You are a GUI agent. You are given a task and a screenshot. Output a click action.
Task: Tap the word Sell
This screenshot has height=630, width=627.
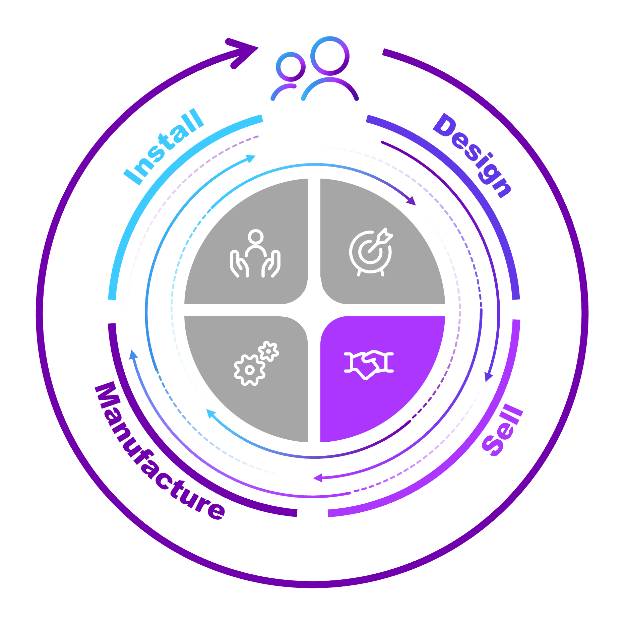(502, 431)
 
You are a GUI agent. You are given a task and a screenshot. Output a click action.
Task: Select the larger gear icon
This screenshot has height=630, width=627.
(249, 370)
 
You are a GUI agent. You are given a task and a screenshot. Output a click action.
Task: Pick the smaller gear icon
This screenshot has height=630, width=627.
(268, 351)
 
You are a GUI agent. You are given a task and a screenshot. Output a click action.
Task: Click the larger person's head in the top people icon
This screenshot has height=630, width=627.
(330, 56)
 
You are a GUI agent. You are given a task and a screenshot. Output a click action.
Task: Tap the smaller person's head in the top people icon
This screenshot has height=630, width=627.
(291, 66)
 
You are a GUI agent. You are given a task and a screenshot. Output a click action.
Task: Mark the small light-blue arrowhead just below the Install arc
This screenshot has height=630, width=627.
(250, 158)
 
